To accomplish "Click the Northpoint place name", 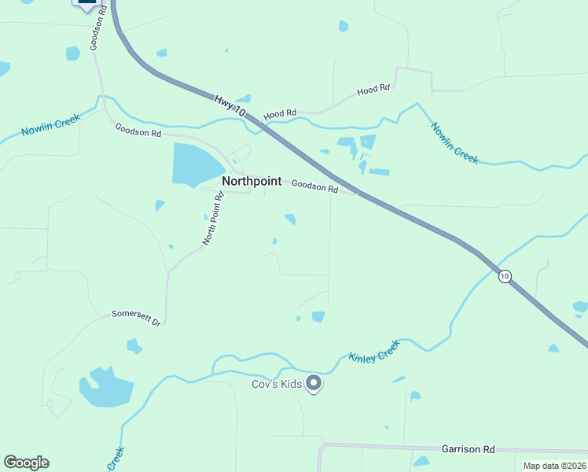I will point(252,181).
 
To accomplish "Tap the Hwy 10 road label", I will point(230,106).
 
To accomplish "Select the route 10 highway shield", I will point(505,276).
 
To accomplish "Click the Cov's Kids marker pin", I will point(314,384).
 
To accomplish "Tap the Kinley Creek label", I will point(374,351).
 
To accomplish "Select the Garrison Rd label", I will point(468,448).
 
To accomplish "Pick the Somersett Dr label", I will point(136,317).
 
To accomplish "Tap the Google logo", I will point(26,463).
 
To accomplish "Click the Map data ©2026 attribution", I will point(555,466).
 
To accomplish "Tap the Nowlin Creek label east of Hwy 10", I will point(454,143).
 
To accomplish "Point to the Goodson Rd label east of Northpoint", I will point(314,186).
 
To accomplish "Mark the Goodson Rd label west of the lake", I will point(138,131).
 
